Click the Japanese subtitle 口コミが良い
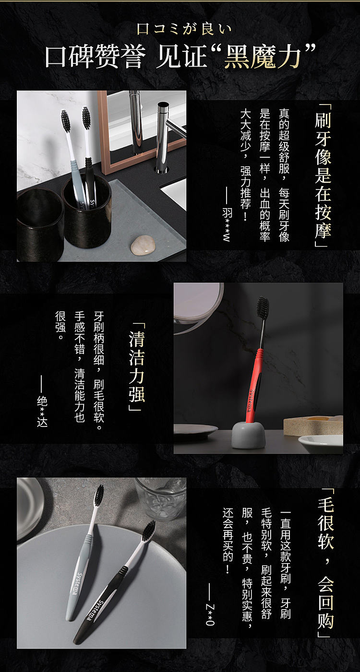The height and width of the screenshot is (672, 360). click(184, 29)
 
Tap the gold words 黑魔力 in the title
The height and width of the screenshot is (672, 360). click(262, 57)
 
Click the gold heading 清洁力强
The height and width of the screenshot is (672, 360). click(137, 366)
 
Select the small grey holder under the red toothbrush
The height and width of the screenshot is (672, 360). click(249, 435)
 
